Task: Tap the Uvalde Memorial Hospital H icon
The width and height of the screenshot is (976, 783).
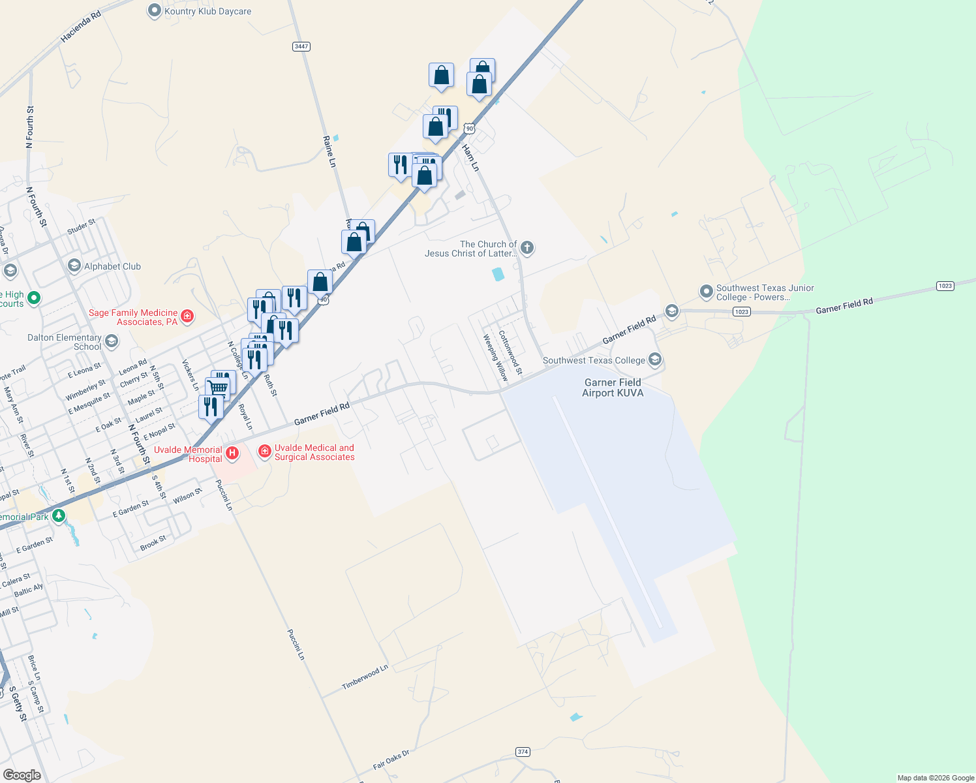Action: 232,453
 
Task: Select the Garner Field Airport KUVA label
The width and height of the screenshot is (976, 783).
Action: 613,388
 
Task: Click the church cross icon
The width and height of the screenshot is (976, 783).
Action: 527,248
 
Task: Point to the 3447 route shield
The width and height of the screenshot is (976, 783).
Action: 301,46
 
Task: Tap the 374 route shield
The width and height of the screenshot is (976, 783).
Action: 523,752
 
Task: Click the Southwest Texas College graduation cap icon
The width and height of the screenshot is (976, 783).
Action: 655,360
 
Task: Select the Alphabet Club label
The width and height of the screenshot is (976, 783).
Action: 112,266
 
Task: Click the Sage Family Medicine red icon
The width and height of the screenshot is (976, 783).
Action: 187,316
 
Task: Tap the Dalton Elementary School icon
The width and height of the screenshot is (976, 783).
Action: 112,341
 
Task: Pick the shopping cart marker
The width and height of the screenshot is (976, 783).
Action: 219,387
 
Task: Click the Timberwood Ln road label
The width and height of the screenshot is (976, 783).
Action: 365,678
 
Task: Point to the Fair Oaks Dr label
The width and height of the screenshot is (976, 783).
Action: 391,760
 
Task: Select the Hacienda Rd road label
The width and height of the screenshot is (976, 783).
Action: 81,27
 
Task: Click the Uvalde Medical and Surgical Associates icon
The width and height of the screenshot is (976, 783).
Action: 264,451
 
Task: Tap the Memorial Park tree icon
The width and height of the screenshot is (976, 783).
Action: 59,516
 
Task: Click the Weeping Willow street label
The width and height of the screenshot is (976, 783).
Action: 495,358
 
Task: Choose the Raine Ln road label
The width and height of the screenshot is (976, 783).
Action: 329,151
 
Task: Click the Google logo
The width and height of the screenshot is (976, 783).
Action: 22,775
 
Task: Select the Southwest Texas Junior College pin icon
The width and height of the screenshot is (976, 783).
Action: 706,291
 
